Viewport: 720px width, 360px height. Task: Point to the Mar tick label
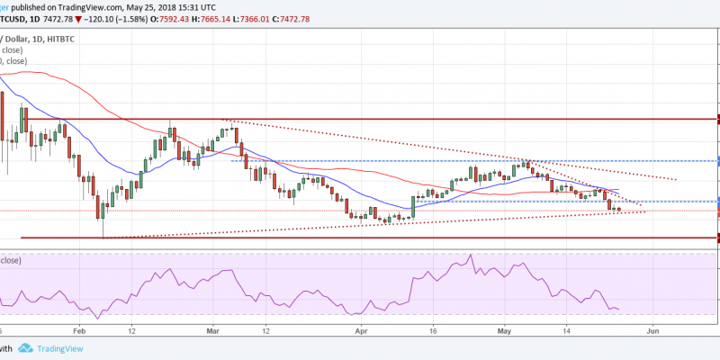click(213, 330)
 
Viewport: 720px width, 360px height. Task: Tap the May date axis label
click(504, 330)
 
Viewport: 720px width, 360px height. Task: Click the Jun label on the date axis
click(654, 330)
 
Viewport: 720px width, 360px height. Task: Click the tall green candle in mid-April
click(413, 206)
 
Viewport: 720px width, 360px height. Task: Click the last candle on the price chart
click(618, 211)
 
